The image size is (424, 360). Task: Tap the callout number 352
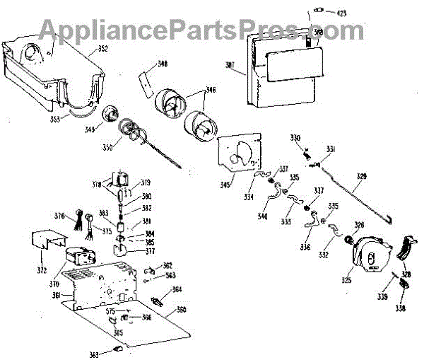coord(102,50)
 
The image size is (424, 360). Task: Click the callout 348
coord(163,64)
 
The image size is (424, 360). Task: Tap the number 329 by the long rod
coord(361,176)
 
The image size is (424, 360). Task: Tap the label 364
coord(177,289)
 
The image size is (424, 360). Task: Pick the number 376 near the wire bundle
coord(60,216)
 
